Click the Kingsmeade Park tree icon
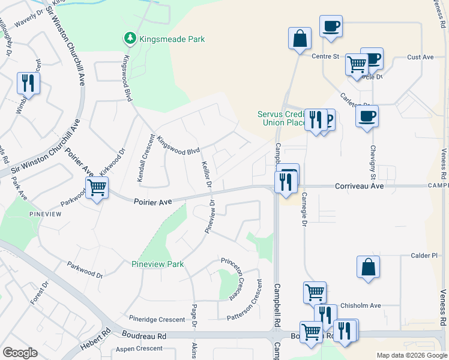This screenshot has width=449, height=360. [x=129, y=39]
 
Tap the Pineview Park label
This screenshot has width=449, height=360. [x=158, y=264]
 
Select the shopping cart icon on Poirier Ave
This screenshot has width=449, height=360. [x=97, y=188]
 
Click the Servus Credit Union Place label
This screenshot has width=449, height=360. [x=282, y=118]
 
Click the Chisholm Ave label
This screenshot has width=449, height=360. [x=361, y=305]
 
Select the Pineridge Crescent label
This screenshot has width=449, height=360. [x=157, y=319]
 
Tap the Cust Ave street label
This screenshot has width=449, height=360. [x=420, y=57]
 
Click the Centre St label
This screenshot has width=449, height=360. [x=326, y=57]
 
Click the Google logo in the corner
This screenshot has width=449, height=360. [x=20, y=353]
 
